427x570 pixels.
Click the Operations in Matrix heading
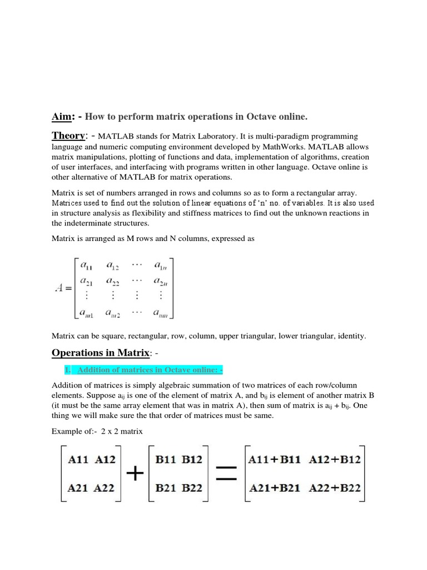click(x=100, y=352)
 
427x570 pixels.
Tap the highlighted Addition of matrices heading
click(x=144, y=371)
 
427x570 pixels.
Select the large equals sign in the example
click(x=225, y=474)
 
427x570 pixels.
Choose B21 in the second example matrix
click(x=167, y=488)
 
